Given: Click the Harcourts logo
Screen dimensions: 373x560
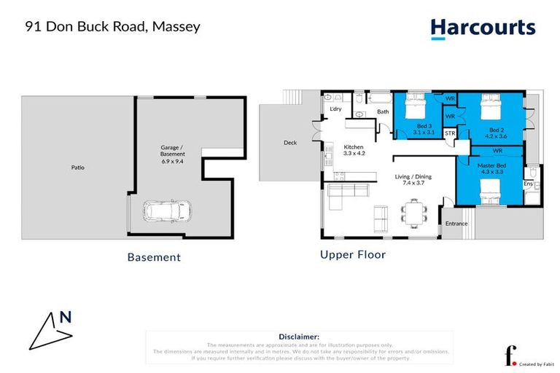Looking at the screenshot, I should (483, 28).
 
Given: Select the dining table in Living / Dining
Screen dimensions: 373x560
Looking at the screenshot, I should (413, 213).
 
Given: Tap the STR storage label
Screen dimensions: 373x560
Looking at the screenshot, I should (450, 134).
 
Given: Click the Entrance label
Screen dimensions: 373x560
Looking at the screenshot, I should (456, 223).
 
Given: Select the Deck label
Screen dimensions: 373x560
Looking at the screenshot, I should (289, 143).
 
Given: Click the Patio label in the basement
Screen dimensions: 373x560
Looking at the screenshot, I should (77, 168).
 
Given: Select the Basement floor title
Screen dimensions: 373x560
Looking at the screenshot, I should (154, 257).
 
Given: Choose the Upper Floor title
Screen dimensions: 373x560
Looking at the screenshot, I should (353, 255).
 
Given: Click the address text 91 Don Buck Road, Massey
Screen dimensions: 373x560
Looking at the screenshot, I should (112, 27).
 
